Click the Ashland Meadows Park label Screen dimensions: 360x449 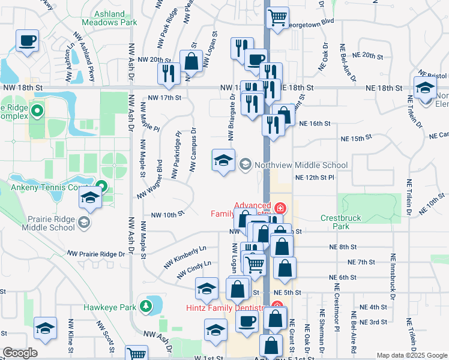pos(116,17)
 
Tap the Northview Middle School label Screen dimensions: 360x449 pos(301,165)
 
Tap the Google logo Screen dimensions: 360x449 pos(20,353)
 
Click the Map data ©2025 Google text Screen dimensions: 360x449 pos(412,355)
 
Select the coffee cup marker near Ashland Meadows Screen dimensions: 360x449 pos(28,41)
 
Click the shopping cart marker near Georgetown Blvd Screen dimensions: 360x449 pos(277,17)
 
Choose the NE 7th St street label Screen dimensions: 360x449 pos(361,262)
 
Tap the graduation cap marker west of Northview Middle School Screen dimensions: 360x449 pos(223,160)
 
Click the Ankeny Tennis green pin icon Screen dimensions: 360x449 pos(101,187)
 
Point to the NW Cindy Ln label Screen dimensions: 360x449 pos(194,270)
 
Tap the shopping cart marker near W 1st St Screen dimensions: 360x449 pos(137,354)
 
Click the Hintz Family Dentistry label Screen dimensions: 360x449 pos(225,308)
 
